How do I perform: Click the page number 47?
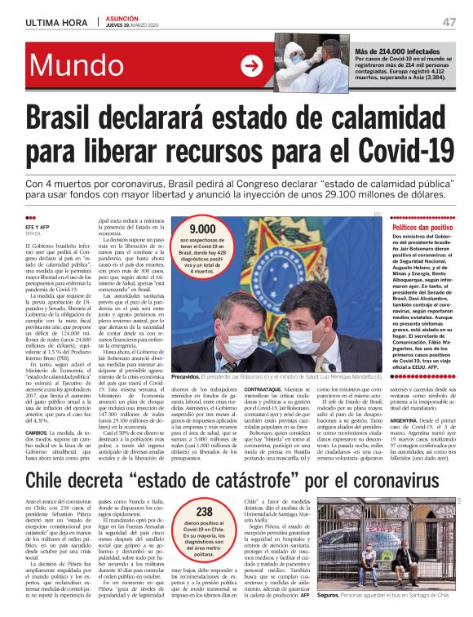click(448, 22)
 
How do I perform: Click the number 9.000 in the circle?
click(202, 230)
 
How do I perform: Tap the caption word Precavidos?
click(188, 377)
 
